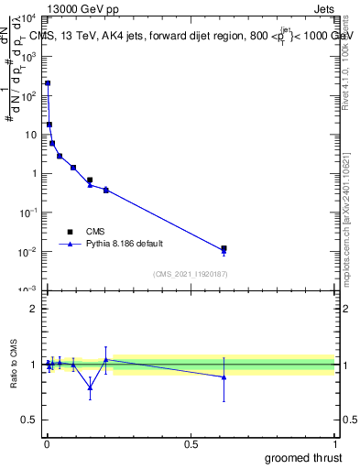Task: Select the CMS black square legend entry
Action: pos(70,232)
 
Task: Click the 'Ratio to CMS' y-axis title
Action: pos(15,365)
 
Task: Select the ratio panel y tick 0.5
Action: pos(30,421)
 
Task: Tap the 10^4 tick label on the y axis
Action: pos(28,18)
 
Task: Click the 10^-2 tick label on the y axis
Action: pos(28,251)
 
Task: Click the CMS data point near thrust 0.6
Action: pos(224,248)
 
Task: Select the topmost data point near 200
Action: pos(48,83)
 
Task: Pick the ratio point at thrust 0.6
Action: pos(224,376)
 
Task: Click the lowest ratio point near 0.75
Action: pos(90,387)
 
